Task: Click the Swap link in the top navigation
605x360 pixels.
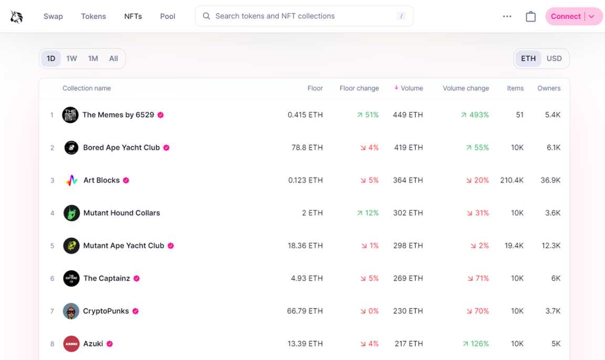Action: (53, 16)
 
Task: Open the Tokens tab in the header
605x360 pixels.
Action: (93, 16)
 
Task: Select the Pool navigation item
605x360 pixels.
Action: (168, 16)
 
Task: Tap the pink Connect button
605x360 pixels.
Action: (566, 16)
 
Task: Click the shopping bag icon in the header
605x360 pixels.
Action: (531, 16)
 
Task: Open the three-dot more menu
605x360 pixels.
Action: (507, 16)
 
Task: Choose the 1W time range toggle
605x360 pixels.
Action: (71, 59)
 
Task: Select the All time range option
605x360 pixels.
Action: (113, 59)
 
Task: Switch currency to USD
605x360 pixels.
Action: (554, 59)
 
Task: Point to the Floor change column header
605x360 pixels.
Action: (359, 88)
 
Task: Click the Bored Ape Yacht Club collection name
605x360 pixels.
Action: (121, 147)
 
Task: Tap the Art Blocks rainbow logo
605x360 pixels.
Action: (71, 181)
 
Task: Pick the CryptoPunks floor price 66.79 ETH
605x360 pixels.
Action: (305, 311)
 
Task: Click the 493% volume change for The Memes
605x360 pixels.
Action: (475, 115)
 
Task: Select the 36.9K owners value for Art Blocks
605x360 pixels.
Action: (550, 181)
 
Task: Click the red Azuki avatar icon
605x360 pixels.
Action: (71, 344)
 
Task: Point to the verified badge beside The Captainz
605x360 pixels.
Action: (137, 279)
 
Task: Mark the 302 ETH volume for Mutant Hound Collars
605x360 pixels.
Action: (408, 213)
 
